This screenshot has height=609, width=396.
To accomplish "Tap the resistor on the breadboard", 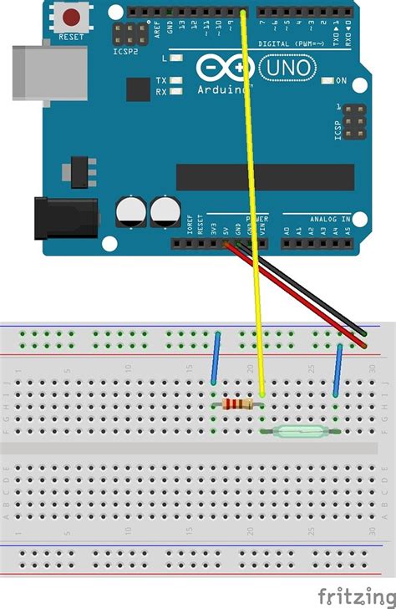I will [x=238, y=404].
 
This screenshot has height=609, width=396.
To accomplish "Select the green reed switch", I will [x=299, y=431].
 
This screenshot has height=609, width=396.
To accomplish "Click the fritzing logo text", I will [x=356, y=596].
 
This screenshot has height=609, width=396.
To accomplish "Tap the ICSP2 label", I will [x=125, y=51].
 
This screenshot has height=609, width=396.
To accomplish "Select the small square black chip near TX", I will [x=138, y=89].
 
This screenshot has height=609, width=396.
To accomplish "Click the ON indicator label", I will [x=341, y=80].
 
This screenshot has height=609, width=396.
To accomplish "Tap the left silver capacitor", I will [x=132, y=211].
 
